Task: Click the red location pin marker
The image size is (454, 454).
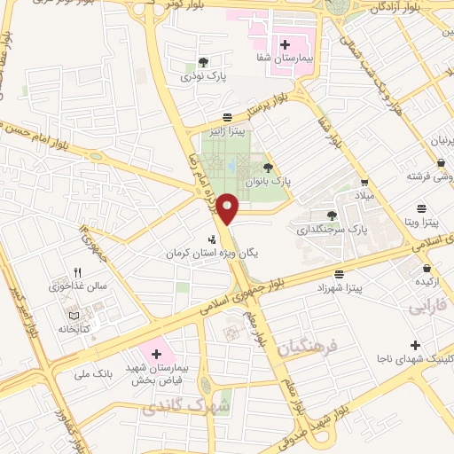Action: [229, 209]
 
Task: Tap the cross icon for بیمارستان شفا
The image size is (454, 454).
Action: [284, 43]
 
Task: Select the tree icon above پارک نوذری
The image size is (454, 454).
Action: [204, 63]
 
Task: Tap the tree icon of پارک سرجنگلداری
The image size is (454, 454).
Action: [332, 215]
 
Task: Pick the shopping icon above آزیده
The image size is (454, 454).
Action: [427, 267]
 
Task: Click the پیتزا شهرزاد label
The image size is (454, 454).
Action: [338, 288]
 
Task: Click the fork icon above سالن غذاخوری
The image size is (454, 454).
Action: [77, 272]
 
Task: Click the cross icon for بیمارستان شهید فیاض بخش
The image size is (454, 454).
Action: [157, 355]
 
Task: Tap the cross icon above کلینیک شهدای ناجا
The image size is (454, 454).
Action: [414, 344]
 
